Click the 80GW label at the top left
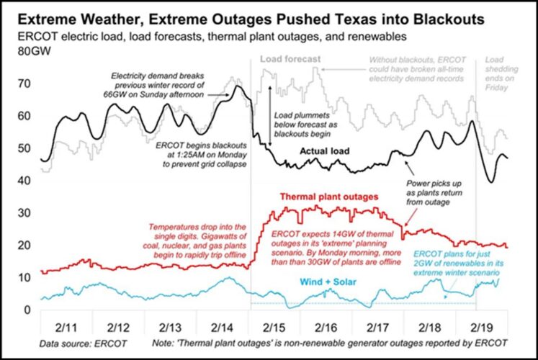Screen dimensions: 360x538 coord(27,52)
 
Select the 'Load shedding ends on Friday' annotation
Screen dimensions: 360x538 coord(497,73)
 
